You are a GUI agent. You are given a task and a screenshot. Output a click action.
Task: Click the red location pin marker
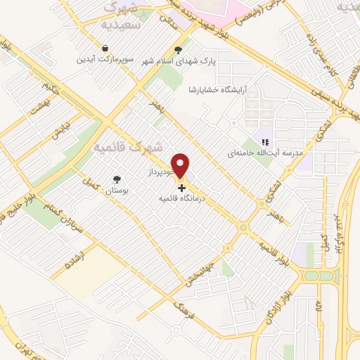pyautogui.click(x=181, y=165)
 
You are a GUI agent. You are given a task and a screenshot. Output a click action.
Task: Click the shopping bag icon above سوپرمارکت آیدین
pyautogui.click(x=105, y=48)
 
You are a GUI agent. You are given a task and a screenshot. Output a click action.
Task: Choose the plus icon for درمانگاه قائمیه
pyautogui.click(x=182, y=188)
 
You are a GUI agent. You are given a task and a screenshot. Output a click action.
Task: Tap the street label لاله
pyautogui.click(x=318, y=307)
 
